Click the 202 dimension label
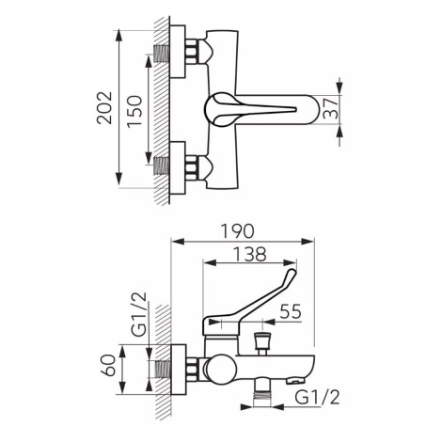click(x=104, y=108)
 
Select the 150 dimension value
click(x=134, y=111)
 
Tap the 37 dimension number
click(x=330, y=109)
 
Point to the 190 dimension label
click(x=237, y=231)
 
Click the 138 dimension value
click(x=250, y=254)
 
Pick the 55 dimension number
click(x=291, y=311)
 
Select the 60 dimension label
click(x=108, y=365)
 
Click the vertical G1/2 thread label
click(x=139, y=314)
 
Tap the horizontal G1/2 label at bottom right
click(x=317, y=398)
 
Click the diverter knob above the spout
click(x=260, y=343)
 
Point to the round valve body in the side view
click(x=222, y=370)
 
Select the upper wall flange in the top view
click(x=178, y=52)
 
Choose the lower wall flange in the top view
click(x=178, y=168)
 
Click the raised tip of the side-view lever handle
click(x=292, y=273)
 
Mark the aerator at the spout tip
click(x=295, y=381)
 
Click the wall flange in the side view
click(x=179, y=370)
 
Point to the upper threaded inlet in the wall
click(x=162, y=54)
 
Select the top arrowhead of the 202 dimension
click(x=118, y=37)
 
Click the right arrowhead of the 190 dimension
click(x=307, y=242)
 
